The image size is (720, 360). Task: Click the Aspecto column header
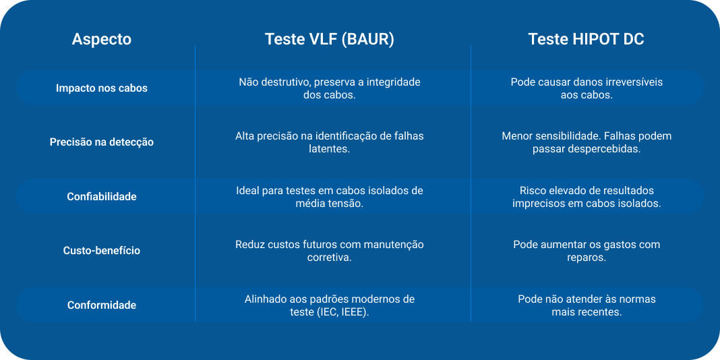(102, 40)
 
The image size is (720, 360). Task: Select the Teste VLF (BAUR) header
(329, 40)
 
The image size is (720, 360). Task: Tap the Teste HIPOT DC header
(586, 40)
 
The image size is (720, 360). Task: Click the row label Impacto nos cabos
(102, 88)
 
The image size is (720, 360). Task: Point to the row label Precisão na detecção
(102, 142)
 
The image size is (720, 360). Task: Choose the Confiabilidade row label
(102, 197)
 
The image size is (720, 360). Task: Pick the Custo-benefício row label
(102, 251)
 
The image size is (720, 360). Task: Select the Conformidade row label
(102, 305)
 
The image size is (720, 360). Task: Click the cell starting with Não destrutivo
(330, 88)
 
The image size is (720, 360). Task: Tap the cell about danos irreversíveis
(587, 88)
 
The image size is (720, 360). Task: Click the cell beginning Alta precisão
(330, 142)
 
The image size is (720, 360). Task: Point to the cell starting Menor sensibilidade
(587, 142)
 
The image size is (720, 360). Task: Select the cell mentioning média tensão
(330, 197)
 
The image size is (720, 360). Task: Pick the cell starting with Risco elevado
(587, 197)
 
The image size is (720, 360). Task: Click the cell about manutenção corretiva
(330, 251)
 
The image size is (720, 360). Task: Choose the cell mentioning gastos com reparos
(587, 251)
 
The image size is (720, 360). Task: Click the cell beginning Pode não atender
(587, 305)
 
